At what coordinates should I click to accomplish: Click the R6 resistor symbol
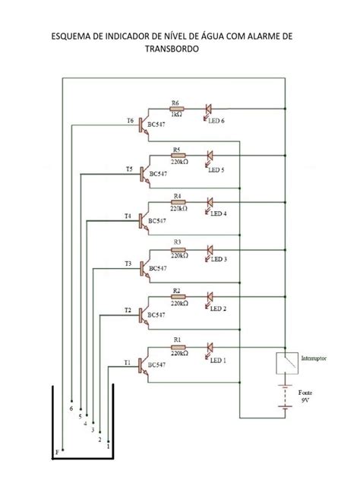pyautogui.click(x=175, y=109)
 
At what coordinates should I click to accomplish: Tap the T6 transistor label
pyautogui.click(x=130, y=121)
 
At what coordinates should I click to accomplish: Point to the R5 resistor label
pyautogui.click(x=177, y=150)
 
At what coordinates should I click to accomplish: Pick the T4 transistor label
pyautogui.click(x=128, y=216)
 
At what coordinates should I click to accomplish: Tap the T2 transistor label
pyautogui.click(x=128, y=310)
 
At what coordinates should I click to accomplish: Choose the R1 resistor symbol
pyautogui.click(x=178, y=346)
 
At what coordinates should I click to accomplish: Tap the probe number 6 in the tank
pyautogui.click(x=71, y=409)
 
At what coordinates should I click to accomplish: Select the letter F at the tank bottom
pyautogui.click(x=57, y=453)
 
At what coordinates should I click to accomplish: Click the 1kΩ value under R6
pyautogui.click(x=176, y=115)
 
